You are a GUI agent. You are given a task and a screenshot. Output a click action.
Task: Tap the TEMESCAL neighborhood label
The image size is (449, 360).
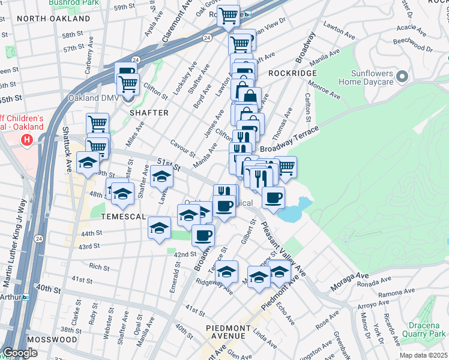[x=125, y=215]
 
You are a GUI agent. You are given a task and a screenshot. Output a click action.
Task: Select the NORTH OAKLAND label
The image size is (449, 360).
[x=53, y=19]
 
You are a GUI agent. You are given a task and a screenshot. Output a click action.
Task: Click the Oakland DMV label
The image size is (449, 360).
[x=99, y=99]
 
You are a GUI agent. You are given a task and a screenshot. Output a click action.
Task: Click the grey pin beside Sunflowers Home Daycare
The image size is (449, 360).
[x=402, y=77]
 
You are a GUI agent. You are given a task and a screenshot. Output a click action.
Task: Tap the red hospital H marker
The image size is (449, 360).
[x=26, y=140]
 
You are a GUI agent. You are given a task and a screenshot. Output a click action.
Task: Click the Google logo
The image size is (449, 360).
[x=20, y=353]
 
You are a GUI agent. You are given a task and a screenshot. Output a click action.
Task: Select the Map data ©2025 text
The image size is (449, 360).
[x=423, y=355]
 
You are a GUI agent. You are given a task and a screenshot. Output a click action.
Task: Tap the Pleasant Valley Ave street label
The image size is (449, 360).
[x=283, y=250]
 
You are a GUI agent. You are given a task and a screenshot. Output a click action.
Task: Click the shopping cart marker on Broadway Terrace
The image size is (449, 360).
[x=286, y=167]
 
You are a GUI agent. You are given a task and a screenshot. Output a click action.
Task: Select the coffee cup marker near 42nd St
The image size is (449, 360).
[x=203, y=235]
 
